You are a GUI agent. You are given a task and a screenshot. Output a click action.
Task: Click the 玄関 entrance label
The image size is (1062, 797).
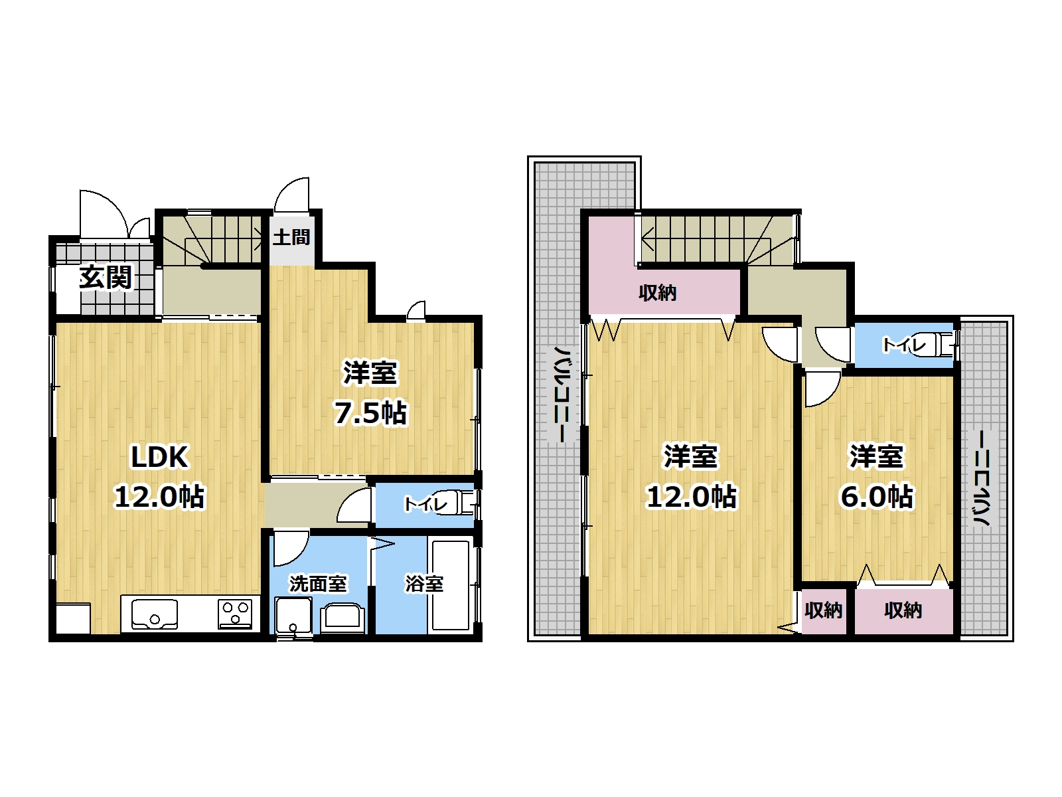pos(106,278)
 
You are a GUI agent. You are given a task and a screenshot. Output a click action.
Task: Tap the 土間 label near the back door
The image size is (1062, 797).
pos(291,237)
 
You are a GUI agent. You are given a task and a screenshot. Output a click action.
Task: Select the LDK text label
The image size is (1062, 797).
pos(160,457)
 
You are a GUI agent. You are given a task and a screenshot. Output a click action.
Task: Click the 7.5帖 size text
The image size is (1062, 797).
pos(370,412)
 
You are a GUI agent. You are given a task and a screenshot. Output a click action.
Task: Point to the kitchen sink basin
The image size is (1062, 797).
pos(155,614)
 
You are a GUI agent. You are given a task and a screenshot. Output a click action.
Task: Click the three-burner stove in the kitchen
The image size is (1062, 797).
pos(236,614)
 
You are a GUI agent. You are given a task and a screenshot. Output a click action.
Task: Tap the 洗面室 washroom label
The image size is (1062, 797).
pos(318,584)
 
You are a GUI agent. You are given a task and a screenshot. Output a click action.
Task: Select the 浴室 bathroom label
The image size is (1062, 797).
pos(424,584)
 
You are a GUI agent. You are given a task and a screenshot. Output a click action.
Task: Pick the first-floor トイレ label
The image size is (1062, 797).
pos(425,505)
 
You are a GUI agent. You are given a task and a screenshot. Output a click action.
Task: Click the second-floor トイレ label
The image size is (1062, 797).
pos(904,345)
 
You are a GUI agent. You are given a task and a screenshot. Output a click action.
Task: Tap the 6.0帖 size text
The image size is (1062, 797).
pos(877,497)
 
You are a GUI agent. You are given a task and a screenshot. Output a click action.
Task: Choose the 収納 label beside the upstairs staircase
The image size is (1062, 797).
pos(657,293)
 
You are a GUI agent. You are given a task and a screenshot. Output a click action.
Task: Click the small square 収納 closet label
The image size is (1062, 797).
pos(824,610)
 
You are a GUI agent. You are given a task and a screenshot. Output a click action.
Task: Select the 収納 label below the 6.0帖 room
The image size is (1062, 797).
pos(903,610)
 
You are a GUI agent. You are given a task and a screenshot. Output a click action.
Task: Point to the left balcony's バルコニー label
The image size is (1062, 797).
pos(562,394)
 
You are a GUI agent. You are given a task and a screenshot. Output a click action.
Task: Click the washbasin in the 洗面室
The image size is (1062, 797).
pos(342,618)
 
